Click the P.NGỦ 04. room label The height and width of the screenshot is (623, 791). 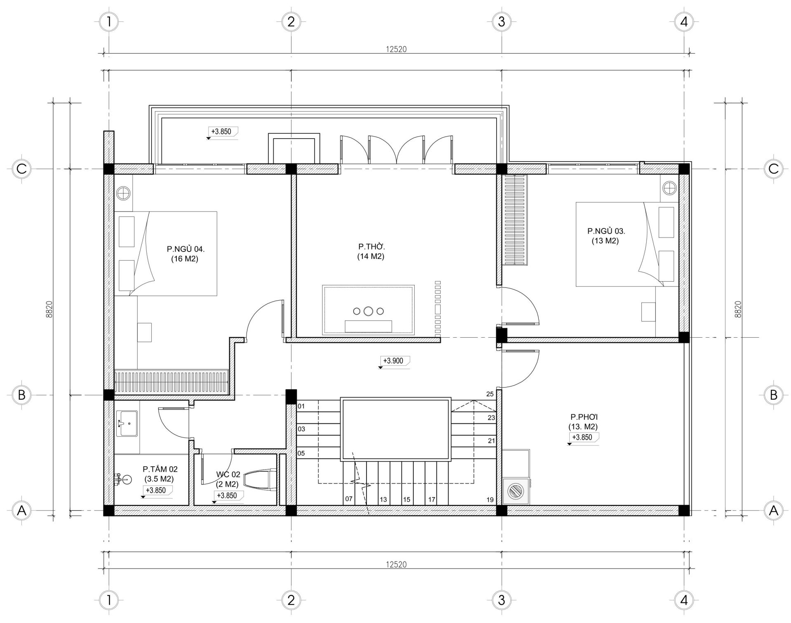[185, 249]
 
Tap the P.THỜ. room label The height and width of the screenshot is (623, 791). [371, 247]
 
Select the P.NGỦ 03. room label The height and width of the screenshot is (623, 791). [606, 231]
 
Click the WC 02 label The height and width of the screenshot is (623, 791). [228, 475]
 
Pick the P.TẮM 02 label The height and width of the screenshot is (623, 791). [160, 469]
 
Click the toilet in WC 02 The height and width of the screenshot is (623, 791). [260, 480]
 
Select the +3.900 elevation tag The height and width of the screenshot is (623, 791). [394, 361]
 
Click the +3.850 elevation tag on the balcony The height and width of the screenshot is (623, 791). [222, 132]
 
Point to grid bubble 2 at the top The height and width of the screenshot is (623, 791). [291, 22]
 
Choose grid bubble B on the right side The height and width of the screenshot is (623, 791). [773, 395]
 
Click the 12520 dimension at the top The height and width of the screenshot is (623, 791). [396, 49]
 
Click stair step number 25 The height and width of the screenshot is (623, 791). [490, 394]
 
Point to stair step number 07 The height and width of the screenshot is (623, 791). [349, 499]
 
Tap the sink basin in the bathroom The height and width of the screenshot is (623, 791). [127, 423]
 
